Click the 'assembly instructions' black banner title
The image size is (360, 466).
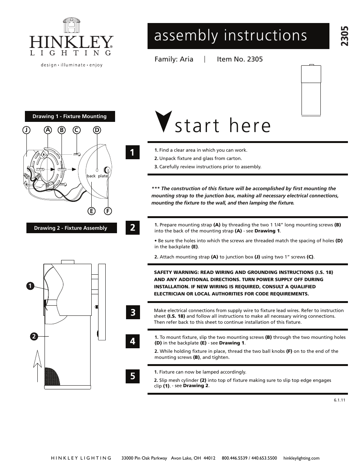pyautogui.click(x=231, y=35)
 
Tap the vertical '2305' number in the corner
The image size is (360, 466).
pyautogui.click(x=345, y=36)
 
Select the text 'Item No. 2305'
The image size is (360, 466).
pyautogui.click(x=240, y=59)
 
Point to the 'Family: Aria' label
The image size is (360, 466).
pyautogui.click(x=174, y=59)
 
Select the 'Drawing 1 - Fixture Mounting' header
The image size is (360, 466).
pyautogui.click(x=70, y=117)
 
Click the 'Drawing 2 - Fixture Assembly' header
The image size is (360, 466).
pyautogui.click(x=71, y=228)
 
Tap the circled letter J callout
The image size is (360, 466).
pyautogui.click(x=26, y=130)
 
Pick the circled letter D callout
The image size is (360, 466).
pyautogui.click(x=97, y=130)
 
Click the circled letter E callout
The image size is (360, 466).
pyautogui.click(x=91, y=211)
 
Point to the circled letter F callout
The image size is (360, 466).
pyautogui.click(x=108, y=211)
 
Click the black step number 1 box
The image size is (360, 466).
pyautogui.click(x=132, y=152)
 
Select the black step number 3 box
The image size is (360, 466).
pyautogui.click(x=132, y=312)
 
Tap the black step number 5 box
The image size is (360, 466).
pyautogui.click(x=132, y=376)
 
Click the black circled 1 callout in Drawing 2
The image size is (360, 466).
pyautogui.click(x=29, y=286)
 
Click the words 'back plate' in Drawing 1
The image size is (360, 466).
pyautogui.click(x=97, y=176)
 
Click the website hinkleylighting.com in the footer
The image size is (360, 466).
pyautogui.click(x=301, y=458)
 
